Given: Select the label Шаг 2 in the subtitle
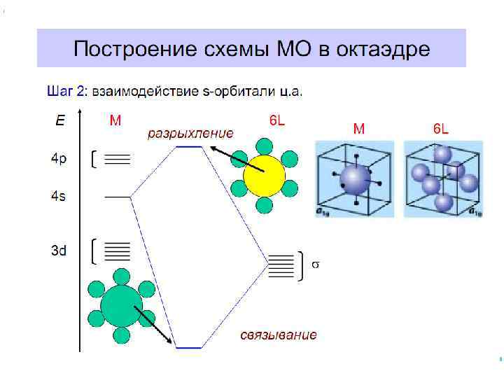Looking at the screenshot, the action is pyautogui.click(x=65, y=91).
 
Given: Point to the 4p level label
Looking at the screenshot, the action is pyautogui.click(x=59, y=159).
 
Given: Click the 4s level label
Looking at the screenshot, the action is pyautogui.click(x=59, y=197).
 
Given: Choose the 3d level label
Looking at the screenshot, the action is pyautogui.click(x=59, y=249).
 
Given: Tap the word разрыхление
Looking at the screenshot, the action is pyautogui.click(x=189, y=133).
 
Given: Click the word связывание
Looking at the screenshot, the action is pyautogui.click(x=279, y=335).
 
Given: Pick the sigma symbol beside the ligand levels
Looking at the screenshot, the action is pyautogui.click(x=315, y=265).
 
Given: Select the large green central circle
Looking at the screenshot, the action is pyautogui.click(x=121, y=306).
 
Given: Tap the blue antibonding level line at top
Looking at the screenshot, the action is pyautogui.click(x=189, y=147).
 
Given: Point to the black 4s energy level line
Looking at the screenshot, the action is pyautogui.click(x=118, y=197).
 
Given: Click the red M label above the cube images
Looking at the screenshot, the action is pyautogui.click(x=358, y=129).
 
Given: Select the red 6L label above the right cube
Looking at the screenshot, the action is pyautogui.click(x=441, y=129).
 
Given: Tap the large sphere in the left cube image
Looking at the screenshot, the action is pyautogui.click(x=353, y=180).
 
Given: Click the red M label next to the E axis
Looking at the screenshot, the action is pyautogui.click(x=115, y=120).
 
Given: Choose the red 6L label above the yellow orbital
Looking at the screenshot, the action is pyautogui.click(x=277, y=120).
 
